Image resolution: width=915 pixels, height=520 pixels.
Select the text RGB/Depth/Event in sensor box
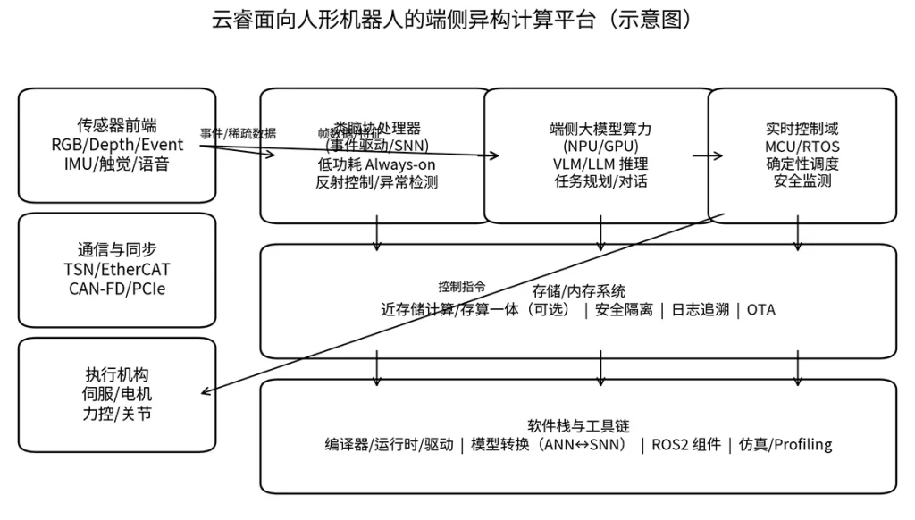click(117, 145)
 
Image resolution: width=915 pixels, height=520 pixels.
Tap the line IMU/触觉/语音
click(117, 164)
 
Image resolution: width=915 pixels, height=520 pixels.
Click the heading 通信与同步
click(117, 250)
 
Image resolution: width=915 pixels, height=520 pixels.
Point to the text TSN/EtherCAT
click(117, 270)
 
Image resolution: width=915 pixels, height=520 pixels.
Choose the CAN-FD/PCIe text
click(117, 289)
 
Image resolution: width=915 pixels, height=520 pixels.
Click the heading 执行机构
click(117, 375)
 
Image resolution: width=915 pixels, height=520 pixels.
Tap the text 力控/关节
click(117, 414)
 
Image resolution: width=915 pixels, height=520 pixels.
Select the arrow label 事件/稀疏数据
click(238, 133)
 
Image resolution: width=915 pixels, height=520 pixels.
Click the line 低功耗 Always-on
click(376, 164)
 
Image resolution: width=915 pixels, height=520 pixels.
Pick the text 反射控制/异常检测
click(376, 181)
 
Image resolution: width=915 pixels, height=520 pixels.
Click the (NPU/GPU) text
click(600, 146)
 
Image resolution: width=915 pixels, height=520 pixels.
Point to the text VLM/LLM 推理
click(600, 164)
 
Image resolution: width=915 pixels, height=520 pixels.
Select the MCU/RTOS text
click(802, 146)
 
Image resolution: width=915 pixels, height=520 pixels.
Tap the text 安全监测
click(802, 181)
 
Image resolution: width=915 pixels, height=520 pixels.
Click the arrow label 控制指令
click(462, 287)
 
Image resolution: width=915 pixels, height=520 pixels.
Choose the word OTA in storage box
click(761, 310)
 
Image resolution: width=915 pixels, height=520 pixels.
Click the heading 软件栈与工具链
click(578, 426)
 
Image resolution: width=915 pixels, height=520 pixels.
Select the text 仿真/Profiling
click(785, 445)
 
